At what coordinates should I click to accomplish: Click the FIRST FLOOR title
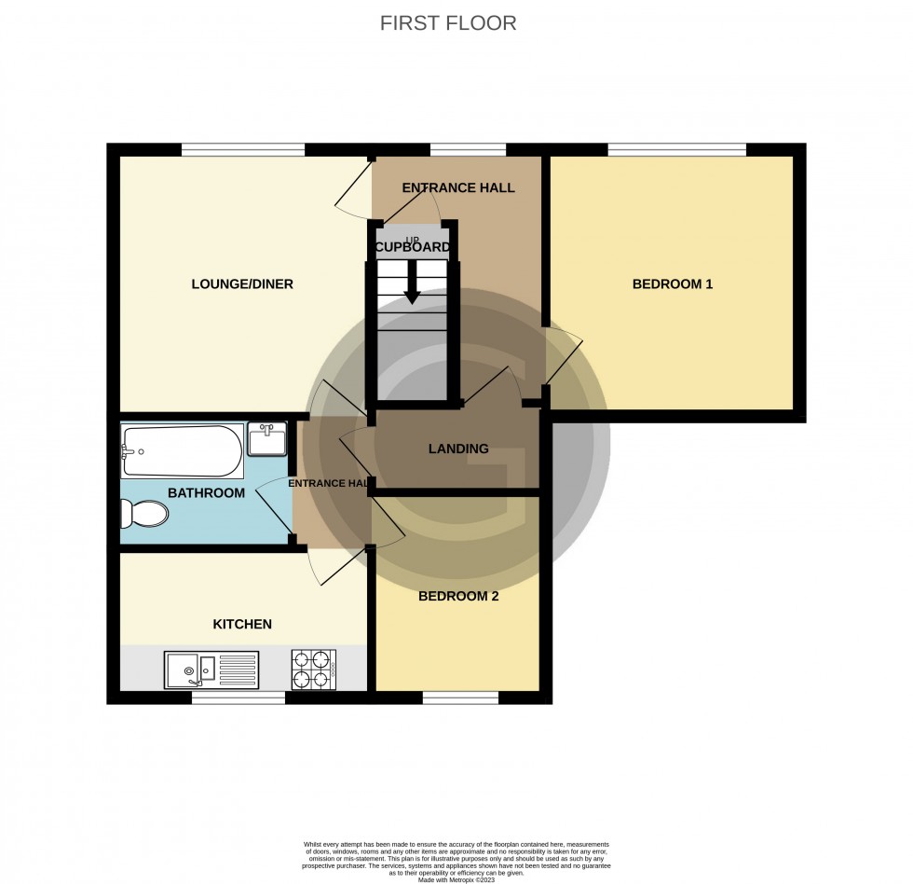448,23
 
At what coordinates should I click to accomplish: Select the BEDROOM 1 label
672,283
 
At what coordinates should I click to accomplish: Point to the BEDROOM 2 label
457,596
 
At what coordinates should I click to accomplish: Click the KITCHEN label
242,624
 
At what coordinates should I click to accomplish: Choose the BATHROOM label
206,492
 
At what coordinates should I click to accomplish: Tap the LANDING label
458,449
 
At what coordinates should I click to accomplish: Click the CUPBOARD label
412,248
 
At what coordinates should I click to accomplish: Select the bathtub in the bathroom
182,451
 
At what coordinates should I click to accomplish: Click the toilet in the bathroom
144,514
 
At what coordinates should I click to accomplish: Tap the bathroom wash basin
267,438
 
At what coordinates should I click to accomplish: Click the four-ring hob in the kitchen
314,668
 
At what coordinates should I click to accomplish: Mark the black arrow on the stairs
411,293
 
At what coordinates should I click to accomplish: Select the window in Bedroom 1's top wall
676,149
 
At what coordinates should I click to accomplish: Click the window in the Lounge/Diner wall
243,149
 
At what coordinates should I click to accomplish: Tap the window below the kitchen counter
238,698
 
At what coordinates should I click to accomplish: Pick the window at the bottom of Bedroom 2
459,698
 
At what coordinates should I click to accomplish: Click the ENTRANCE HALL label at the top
457,187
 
